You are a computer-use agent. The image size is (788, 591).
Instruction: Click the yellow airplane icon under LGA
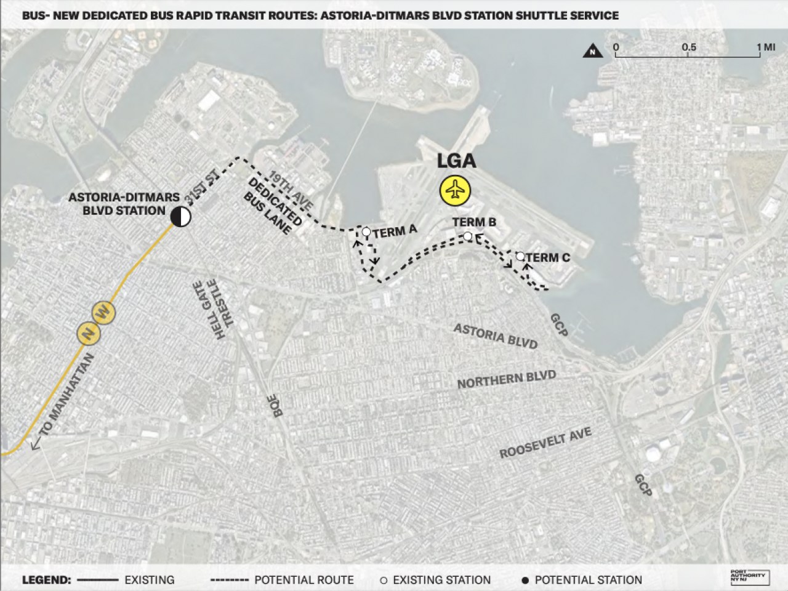[455, 191]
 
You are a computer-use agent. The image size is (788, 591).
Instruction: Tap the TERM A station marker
[366, 232]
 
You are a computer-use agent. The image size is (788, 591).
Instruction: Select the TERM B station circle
[468, 236]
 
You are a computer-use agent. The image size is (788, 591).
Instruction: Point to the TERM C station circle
[520, 256]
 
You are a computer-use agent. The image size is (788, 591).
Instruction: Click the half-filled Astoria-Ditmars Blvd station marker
[180, 216]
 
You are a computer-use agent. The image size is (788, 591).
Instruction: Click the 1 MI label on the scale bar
[766, 47]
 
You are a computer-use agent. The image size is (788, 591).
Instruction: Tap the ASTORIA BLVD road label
[496, 336]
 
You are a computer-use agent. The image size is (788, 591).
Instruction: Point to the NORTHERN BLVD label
[506, 379]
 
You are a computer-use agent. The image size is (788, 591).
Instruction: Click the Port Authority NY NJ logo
[753, 577]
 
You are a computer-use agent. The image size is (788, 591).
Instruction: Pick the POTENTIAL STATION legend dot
[526, 580]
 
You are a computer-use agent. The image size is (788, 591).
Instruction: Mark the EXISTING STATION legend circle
[384, 580]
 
